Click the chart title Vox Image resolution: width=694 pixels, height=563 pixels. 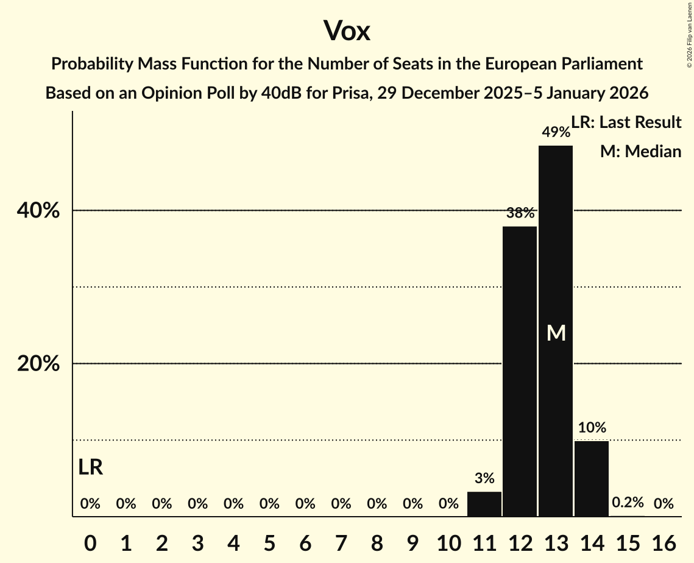347,30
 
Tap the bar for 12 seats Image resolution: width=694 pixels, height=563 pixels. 520,372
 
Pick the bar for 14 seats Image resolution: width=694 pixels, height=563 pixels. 592,478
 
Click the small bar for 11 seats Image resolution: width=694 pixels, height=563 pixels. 484,504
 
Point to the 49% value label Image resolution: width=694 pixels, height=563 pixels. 556,132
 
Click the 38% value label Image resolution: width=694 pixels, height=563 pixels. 520,213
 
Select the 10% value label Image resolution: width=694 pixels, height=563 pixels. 592,427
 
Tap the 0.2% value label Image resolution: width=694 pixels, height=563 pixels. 628,503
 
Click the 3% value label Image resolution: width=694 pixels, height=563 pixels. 484,478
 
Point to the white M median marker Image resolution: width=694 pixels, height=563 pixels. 556,333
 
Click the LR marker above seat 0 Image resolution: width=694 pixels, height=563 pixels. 91,467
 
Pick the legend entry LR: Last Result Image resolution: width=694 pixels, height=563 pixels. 626,122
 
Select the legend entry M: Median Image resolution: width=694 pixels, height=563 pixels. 640,151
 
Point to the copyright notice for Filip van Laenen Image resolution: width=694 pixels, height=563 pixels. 689,34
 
